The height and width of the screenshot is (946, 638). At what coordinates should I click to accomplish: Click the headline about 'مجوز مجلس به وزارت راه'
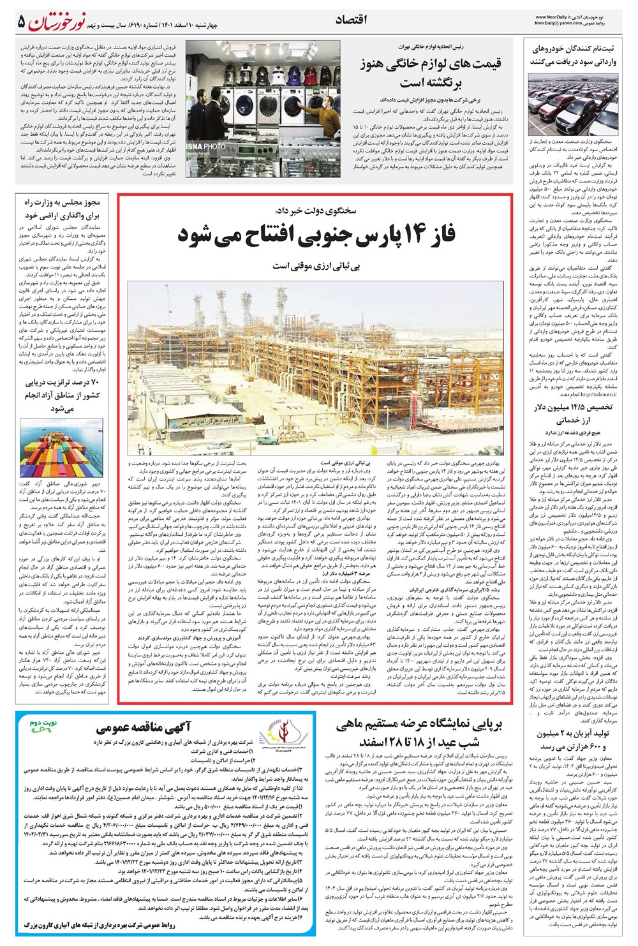click(x=63, y=209)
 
